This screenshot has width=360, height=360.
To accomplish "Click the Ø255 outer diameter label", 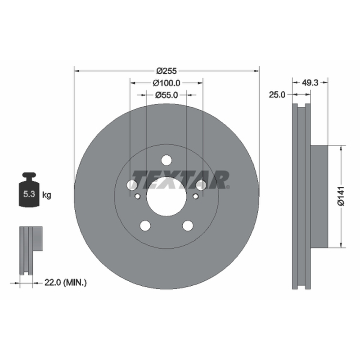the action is click(x=166, y=71).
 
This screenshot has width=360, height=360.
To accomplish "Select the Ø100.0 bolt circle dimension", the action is click(x=166, y=83).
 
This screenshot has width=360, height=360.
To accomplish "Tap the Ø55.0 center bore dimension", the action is click(x=166, y=95).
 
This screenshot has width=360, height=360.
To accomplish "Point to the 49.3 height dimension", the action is click(x=310, y=83).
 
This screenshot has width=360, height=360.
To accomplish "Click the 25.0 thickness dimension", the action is click(x=277, y=94).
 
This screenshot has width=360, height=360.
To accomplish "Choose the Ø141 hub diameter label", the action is click(x=341, y=196).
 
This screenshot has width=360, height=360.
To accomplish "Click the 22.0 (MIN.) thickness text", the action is click(x=65, y=283).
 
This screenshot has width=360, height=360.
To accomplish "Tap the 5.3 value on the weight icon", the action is click(x=29, y=194).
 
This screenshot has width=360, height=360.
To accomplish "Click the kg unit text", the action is click(x=47, y=195).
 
